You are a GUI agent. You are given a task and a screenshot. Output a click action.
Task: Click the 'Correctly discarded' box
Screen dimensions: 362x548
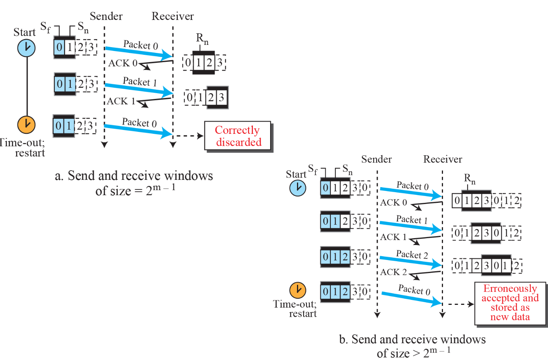tap(238, 136)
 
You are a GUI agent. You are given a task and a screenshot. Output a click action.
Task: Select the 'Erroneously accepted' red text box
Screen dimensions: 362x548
tap(510, 303)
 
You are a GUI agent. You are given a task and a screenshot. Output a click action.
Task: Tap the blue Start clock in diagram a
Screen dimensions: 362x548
tap(26, 48)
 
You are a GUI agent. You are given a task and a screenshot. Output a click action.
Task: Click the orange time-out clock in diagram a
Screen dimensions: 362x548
tap(26, 124)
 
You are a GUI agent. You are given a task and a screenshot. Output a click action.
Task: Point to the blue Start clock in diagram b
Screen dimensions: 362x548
tap(298, 188)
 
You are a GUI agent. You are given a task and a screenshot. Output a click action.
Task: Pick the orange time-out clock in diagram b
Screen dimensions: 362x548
tap(298, 290)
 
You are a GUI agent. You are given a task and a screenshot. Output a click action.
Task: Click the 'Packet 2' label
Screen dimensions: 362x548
tap(412, 255)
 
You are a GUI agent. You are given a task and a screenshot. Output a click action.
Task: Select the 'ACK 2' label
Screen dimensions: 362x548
tap(394, 272)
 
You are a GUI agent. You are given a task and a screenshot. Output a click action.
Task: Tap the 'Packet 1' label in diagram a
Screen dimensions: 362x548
tap(140, 82)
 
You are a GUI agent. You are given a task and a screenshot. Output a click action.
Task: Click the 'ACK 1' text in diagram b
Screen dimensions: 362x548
tap(393, 237)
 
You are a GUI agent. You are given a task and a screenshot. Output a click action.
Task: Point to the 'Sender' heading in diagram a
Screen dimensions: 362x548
tap(106, 16)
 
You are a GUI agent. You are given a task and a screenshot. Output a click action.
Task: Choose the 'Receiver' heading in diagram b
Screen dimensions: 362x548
tap(443, 159)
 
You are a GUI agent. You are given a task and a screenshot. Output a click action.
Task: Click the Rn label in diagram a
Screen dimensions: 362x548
tap(202, 38)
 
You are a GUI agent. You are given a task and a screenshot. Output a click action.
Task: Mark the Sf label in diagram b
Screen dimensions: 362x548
tap(313, 169)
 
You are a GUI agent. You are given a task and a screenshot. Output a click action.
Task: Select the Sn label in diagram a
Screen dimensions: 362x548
tap(83, 27)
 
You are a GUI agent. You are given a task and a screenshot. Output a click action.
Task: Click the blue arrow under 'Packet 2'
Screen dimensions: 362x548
tap(410, 262)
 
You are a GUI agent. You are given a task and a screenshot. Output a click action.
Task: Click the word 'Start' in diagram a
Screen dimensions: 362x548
tap(25, 32)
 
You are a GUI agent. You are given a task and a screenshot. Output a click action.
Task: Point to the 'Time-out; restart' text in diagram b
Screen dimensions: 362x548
tap(295, 309)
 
